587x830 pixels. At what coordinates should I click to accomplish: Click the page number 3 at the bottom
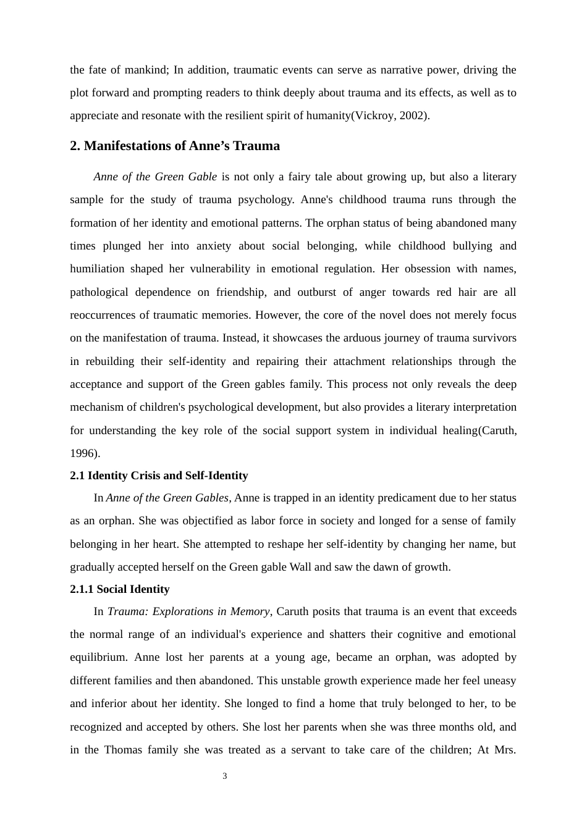tap(225, 776)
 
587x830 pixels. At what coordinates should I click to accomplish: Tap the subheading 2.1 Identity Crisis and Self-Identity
tap(159, 476)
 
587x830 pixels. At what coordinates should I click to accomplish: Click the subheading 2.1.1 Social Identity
tap(119, 589)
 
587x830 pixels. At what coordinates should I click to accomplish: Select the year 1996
tap(83, 453)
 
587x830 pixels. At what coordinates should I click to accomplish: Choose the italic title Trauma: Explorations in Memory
tap(188, 611)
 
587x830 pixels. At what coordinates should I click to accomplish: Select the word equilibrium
tap(98, 657)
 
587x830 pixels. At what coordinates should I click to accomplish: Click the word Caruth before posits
tap(293, 611)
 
